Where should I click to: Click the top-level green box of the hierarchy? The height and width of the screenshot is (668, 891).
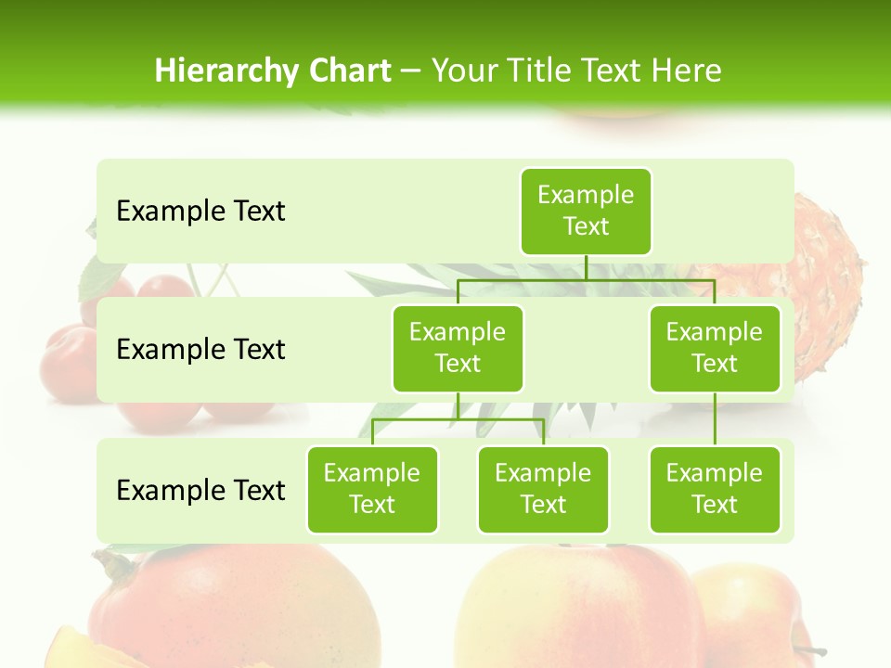[x=586, y=212]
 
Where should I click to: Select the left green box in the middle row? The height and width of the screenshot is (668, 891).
[x=458, y=349]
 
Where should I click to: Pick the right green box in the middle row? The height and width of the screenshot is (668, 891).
[x=715, y=349]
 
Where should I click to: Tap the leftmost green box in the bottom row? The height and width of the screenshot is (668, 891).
[x=372, y=490]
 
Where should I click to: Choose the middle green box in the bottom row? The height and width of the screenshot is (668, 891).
[x=543, y=490]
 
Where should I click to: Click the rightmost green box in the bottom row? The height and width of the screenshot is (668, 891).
[x=715, y=490]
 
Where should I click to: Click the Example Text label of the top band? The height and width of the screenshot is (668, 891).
[x=200, y=212]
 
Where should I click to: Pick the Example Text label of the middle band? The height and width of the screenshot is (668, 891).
[x=200, y=350]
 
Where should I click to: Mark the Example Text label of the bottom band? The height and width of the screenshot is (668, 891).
[x=200, y=490]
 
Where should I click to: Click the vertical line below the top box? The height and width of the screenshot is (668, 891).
[x=586, y=267]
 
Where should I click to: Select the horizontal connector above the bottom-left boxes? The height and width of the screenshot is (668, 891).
[x=458, y=419]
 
